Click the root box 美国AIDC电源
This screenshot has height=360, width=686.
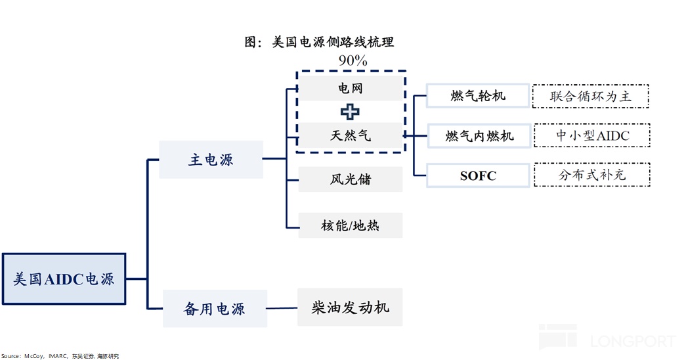click(64, 279)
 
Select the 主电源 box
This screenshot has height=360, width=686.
click(211, 160)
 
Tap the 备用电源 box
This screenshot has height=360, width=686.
click(215, 308)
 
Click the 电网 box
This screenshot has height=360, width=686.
click(350, 88)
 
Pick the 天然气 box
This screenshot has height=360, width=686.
click(350, 136)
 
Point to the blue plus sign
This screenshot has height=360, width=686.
click(349, 112)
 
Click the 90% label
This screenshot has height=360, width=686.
click(353, 60)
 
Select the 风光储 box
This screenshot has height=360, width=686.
click(350, 179)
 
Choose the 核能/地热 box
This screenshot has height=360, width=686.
click(350, 226)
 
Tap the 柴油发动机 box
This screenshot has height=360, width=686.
click(350, 307)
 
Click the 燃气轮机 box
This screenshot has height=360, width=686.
click(478, 96)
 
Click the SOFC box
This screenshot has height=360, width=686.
click(478, 175)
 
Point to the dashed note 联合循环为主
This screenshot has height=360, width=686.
click(591, 96)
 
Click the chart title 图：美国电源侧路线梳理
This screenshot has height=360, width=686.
click(319, 42)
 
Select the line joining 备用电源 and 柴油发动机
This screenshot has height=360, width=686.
click(282, 308)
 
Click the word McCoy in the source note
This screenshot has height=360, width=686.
click(33, 355)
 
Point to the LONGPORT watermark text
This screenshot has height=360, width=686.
click(631, 341)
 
